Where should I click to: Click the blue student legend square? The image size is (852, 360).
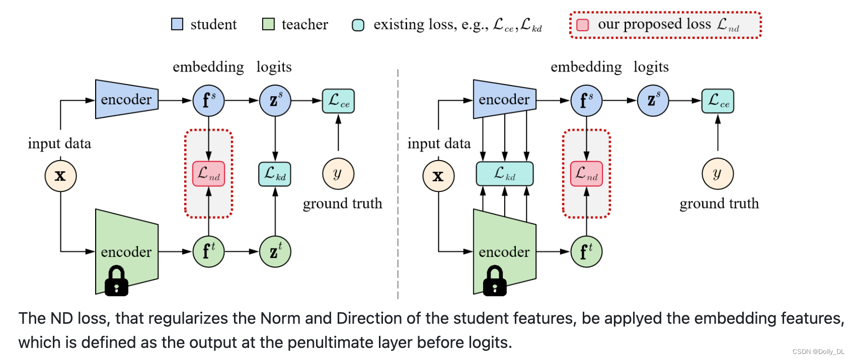coord(177,24)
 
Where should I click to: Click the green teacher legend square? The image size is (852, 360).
coord(268,24)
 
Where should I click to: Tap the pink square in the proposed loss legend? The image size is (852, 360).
coord(583,25)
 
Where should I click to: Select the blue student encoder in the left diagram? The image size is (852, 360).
coord(127,99)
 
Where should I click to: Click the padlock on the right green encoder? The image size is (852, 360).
coord(495,281)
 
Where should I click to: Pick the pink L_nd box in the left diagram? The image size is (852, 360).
coord(209,174)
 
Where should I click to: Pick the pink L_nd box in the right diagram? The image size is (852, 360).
coord(586,174)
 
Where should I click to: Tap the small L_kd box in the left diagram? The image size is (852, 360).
coord(275,174)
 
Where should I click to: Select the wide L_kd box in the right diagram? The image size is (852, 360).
coord(505,174)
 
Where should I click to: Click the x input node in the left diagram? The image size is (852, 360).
coord(60,176)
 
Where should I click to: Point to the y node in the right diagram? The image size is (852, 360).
coord(718,174)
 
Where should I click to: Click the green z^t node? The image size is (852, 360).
coord(275,251)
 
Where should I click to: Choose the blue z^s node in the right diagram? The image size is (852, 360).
coord(653,101)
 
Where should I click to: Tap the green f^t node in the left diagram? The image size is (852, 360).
coord(209,251)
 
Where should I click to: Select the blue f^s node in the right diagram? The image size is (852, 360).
coord(586,101)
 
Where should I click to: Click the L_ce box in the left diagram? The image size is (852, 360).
coord(338,101)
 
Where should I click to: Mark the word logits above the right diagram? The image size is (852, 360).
coord(651,67)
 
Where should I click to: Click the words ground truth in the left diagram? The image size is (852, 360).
coord(342,203)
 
